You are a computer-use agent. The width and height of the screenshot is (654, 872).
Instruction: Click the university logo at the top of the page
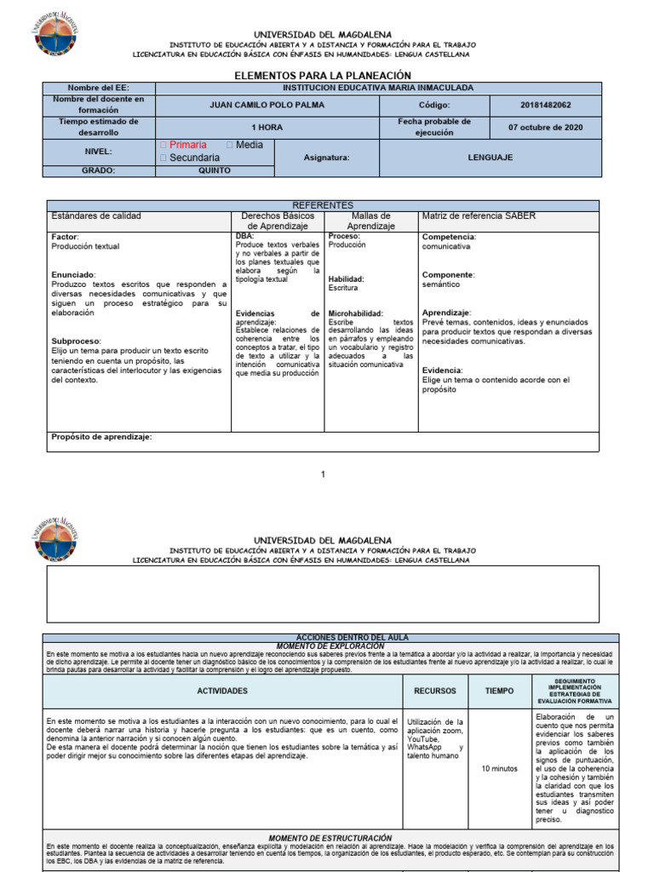pyautogui.click(x=55, y=33)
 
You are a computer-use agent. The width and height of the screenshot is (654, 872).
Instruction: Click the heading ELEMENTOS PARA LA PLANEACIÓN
pyautogui.click(x=323, y=76)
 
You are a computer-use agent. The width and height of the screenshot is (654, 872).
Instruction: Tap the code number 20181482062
pyautogui.click(x=545, y=105)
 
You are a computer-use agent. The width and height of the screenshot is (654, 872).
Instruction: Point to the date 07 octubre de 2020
pyautogui.click(x=545, y=128)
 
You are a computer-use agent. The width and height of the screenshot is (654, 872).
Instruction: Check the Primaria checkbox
pyautogui.click(x=163, y=146)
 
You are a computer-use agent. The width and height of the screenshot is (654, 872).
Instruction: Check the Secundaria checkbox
pyautogui.click(x=163, y=158)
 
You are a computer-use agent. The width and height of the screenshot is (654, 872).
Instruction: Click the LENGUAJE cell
pyautogui.click(x=490, y=158)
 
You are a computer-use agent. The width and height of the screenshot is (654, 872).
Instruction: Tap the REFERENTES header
pyautogui.click(x=323, y=205)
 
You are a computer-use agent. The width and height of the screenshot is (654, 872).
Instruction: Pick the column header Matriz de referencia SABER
pyautogui.click(x=479, y=216)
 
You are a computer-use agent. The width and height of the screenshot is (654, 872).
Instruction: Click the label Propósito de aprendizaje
pyautogui.click(x=101, y=437)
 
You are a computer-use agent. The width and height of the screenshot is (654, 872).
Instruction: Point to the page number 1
pyautogui.click(x=323, y=474)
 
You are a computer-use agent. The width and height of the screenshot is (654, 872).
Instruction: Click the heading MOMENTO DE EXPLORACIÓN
pyautogui.click(x=330, y=645)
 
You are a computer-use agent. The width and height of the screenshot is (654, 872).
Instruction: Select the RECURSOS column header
pyautogui.click(x=435, y=691)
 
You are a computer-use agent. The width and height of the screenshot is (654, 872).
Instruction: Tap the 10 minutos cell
pyautogui.click(x=499, y=768)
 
